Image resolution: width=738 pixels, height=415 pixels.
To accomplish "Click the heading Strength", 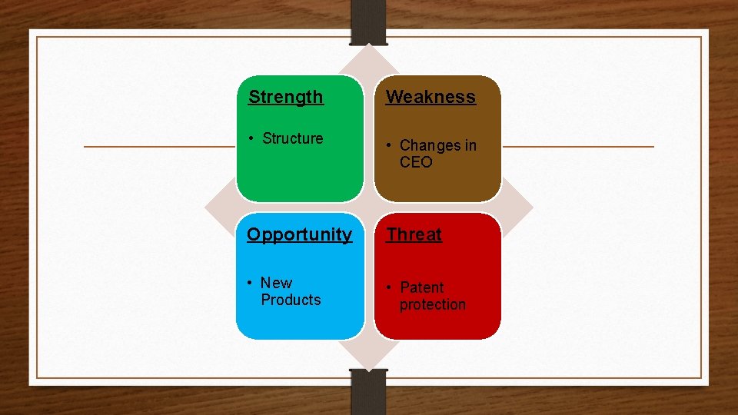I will pos(286,98).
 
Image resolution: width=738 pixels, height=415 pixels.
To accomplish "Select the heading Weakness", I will pos(430,98).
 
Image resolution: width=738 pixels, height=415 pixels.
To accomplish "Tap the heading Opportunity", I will pos(299,235).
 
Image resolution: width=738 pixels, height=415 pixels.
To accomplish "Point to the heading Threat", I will pos(414,235).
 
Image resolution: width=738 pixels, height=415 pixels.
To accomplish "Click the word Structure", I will pos(292,139).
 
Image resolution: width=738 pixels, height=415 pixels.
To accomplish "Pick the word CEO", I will pos(416,162).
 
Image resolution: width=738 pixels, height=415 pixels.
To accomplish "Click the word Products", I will pos(291,300).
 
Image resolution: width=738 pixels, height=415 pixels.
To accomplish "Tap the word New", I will pos(276,283).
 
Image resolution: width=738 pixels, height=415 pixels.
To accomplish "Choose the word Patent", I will pos(421,287).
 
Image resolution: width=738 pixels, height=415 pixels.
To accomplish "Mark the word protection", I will pos(432,304).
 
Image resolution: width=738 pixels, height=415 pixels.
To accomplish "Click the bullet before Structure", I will pos(251,139).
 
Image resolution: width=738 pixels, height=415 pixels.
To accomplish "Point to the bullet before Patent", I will pos(390,287).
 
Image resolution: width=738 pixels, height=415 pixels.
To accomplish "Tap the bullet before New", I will pos(251,283).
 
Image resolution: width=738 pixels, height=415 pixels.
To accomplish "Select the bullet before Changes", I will pos(390,145).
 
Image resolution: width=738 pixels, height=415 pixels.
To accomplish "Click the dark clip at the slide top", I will pos(369,22).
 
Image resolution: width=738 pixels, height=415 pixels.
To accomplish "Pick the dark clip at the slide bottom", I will pos(369,392).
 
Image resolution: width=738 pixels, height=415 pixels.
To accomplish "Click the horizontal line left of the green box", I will pos(158,146).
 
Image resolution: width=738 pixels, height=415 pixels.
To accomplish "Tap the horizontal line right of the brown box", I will pos(577,146).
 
